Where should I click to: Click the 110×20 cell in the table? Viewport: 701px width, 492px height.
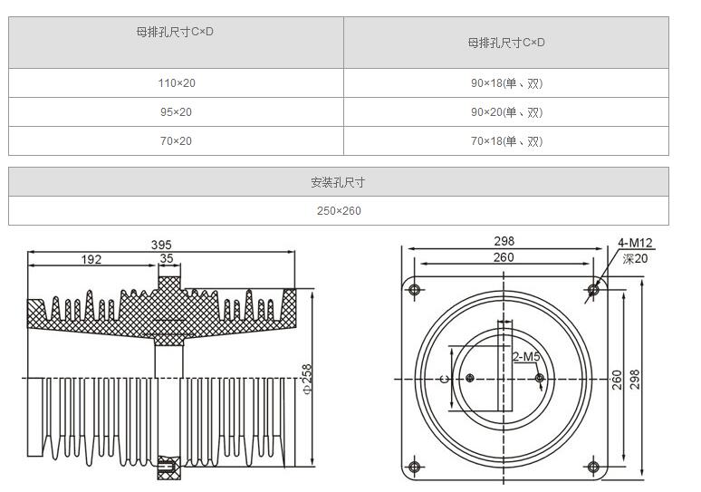177,83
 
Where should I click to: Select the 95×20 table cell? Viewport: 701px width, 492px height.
177,112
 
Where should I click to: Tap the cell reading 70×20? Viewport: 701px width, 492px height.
177,141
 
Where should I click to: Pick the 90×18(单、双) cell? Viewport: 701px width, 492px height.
506,83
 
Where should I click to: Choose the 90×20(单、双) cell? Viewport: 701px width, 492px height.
506,112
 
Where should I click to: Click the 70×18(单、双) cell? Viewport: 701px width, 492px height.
506,141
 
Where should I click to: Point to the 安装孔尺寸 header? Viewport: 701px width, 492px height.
338,182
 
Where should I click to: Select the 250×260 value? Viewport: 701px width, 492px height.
338,211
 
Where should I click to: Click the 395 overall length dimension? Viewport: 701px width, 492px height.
161,245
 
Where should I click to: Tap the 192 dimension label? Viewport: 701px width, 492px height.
91,259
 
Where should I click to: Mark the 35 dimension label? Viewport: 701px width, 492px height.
167,259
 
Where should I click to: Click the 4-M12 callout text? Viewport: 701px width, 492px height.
635,243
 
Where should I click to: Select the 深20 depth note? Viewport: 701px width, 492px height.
635,258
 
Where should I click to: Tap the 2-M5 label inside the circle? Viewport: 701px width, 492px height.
527,356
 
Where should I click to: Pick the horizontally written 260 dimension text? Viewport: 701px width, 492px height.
504,257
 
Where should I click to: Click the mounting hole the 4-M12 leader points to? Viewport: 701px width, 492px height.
593,290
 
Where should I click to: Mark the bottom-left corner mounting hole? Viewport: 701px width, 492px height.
415,467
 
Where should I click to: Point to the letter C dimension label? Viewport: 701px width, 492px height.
444,379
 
